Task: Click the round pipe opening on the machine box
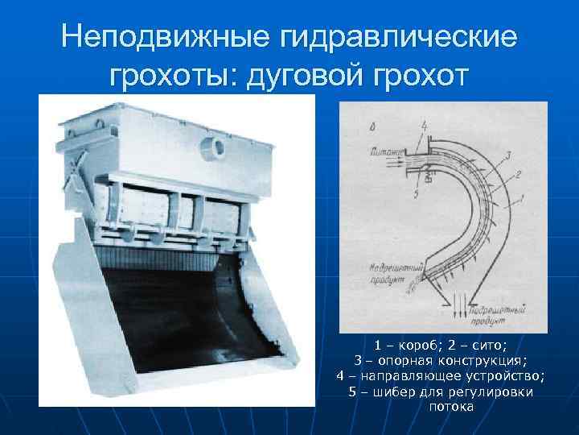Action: click(216, 145)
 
